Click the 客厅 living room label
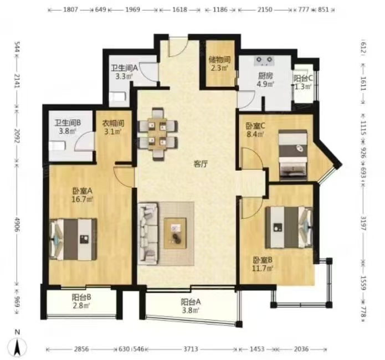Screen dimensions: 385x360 point(201,164)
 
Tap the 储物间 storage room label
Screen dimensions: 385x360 point(219,59)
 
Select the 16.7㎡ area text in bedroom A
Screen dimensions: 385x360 point(82,199)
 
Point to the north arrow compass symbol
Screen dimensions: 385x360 point(17,346)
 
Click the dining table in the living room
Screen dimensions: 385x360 point(157,135)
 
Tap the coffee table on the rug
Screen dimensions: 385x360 point(175,233)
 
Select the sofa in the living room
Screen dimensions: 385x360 point(147,233)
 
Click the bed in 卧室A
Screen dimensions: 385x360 point(73,239)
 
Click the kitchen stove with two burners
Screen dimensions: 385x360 point(264,61)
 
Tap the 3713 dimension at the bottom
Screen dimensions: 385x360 point(191,349)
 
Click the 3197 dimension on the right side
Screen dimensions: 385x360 point(363,223)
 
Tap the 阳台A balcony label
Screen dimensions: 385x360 point(191,302)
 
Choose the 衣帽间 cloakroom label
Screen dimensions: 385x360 point(113,124)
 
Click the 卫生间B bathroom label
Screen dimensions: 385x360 point(68,122)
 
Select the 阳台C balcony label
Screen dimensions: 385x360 point(303,78)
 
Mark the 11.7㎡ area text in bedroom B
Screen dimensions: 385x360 point(263,269)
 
